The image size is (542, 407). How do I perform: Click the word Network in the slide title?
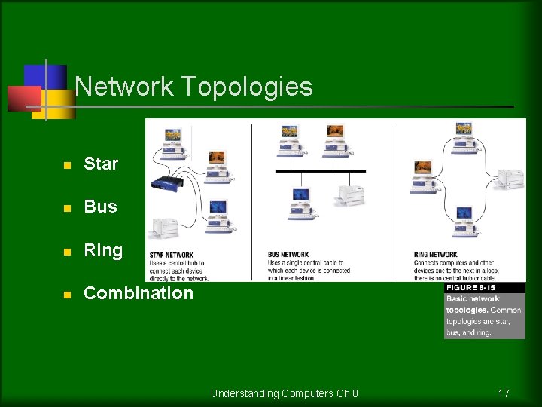[124, 87]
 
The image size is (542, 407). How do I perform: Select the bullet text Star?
[101, 164]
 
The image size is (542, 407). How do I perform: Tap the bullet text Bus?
[100, 207]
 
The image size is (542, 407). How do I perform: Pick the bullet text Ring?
[103, 250]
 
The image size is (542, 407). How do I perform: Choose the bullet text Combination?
[139, 293]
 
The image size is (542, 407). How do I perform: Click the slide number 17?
[504, 393]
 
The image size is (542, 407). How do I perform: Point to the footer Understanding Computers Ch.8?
[285, 393]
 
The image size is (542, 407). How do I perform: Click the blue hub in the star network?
[167, 183]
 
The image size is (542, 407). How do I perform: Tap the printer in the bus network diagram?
[350, 194]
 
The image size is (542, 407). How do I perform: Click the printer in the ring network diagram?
[510, 178]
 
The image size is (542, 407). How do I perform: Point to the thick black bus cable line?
[321, 171]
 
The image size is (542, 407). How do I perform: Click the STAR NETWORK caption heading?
[171, 255]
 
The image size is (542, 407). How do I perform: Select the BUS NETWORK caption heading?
[288, 255]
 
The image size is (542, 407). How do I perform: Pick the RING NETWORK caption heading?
[435, 255]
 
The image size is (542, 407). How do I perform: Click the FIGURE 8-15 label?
[471, 288]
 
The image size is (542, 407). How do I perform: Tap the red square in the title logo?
[23, 98]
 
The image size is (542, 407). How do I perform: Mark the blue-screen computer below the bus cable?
[302, 200]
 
